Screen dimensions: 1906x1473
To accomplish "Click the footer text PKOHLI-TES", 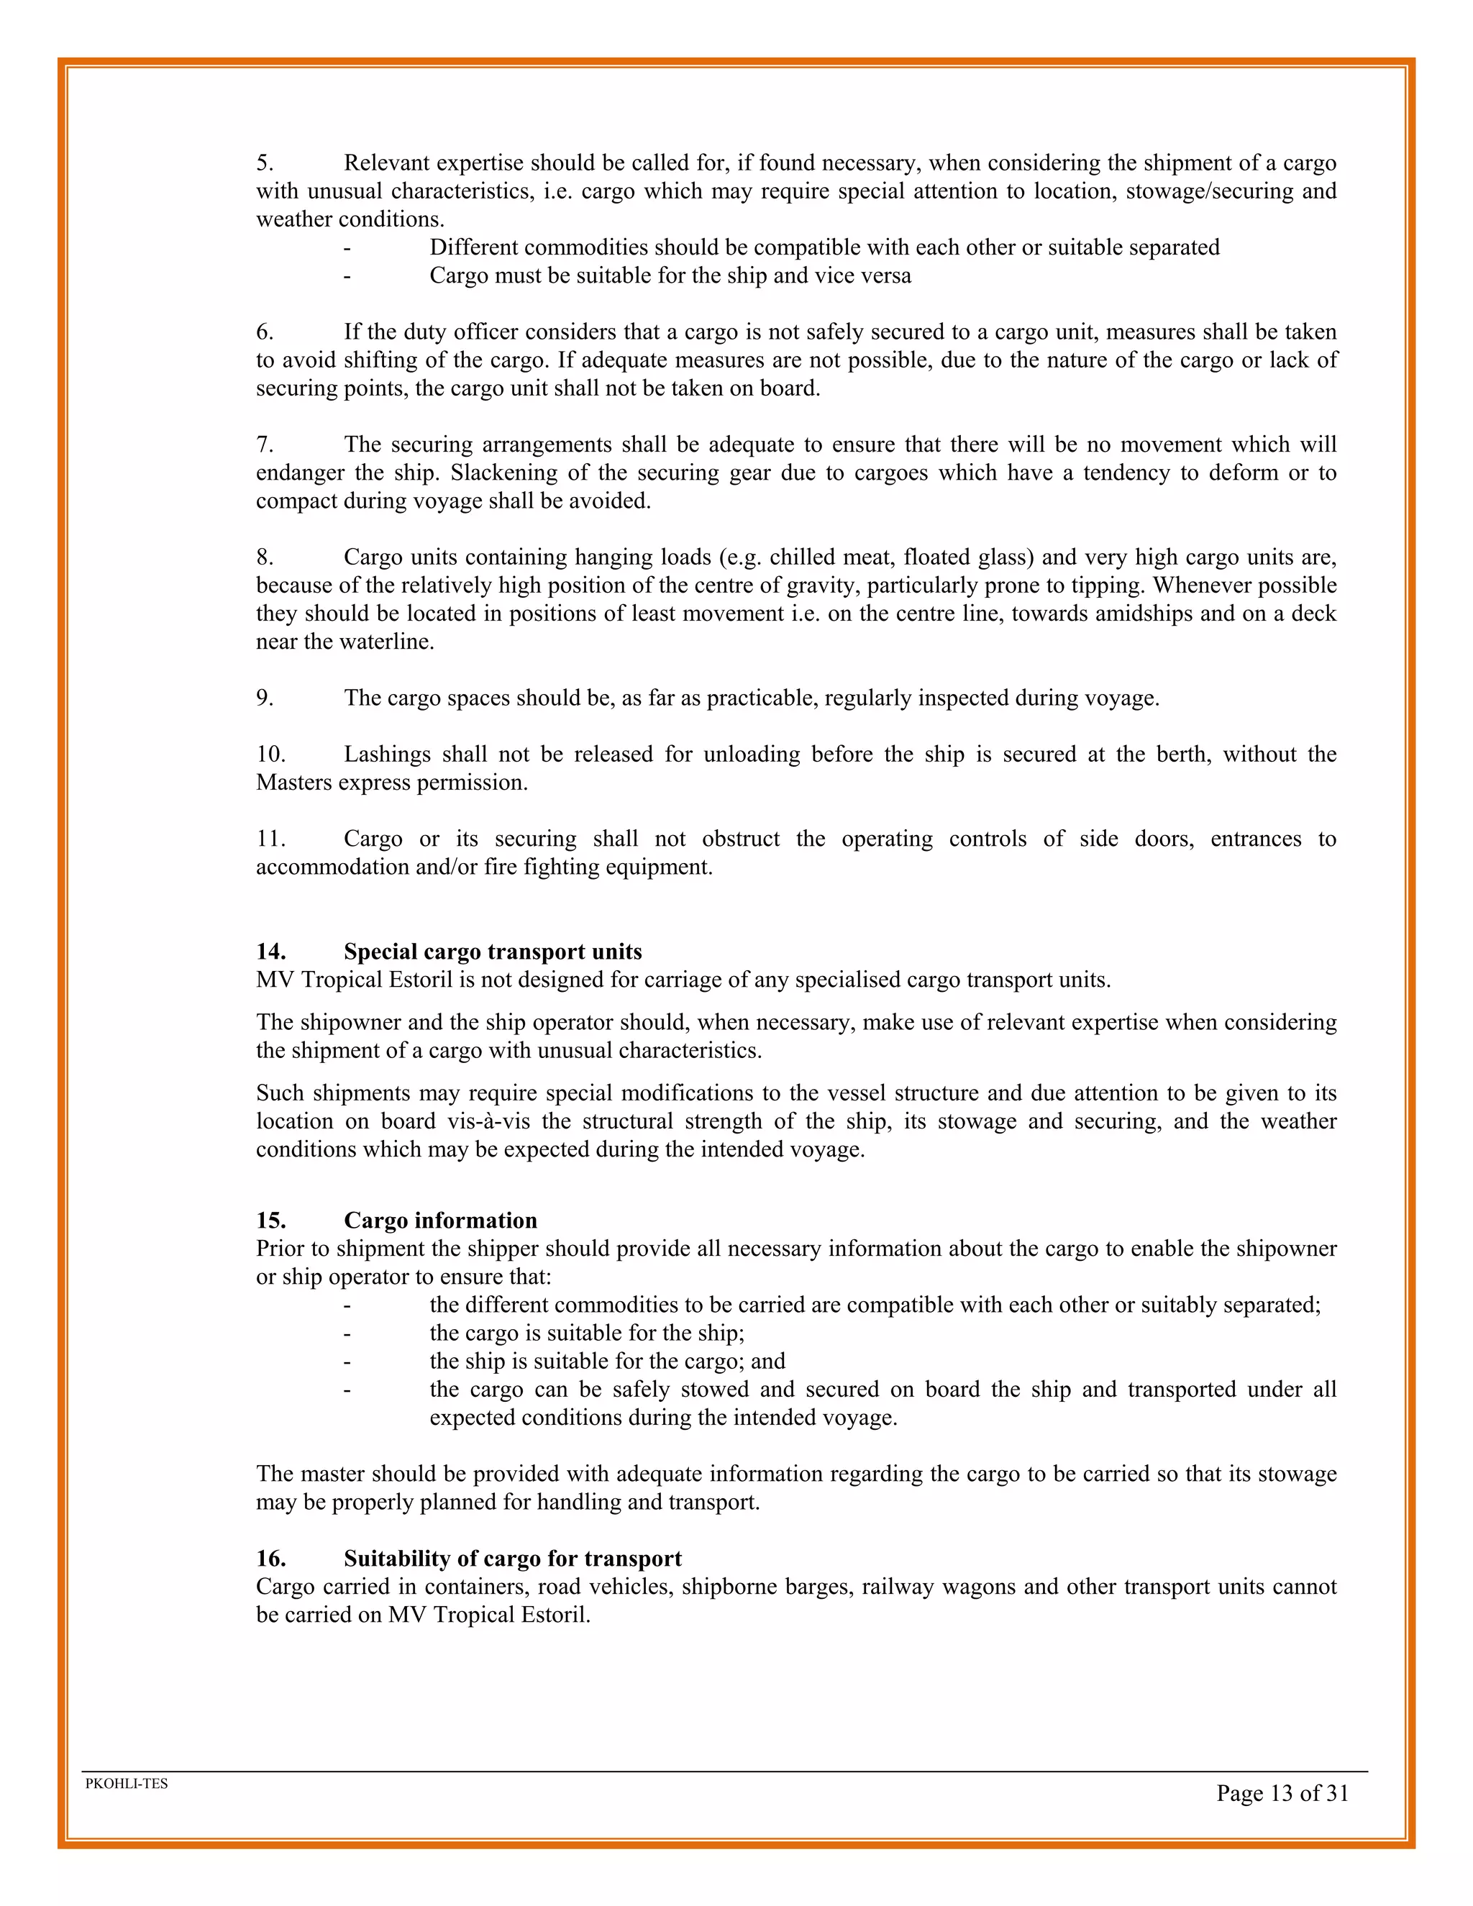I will (127, 1784).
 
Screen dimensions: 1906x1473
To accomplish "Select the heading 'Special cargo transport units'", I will (492, 952).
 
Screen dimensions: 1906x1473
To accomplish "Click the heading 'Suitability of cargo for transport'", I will (512, 1559).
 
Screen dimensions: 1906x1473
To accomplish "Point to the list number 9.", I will (265, 698).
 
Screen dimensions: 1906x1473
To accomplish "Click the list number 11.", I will (270, 839).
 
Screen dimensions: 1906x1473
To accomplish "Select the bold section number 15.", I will (270, 1220).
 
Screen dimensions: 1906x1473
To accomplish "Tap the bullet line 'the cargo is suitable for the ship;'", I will (586, 1333).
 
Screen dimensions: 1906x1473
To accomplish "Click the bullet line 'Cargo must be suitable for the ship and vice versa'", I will (670, 275).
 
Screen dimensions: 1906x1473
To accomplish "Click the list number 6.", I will (265, 332).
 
